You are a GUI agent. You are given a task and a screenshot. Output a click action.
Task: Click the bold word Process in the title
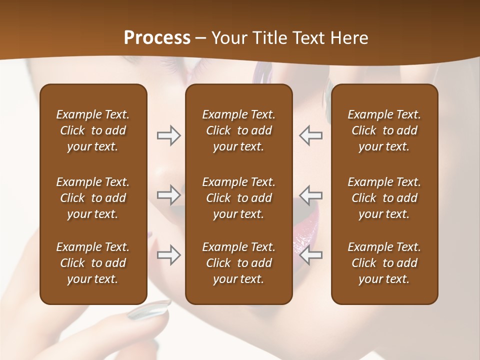tap(157, 38)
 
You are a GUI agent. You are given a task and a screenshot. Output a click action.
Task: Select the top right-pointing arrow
tap(168, 135)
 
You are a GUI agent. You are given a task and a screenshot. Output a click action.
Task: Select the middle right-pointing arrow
tap(168, 194)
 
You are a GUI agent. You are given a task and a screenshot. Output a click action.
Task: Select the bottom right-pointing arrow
tap(168, 255)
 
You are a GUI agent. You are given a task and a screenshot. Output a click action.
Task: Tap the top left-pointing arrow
tap(311, 135)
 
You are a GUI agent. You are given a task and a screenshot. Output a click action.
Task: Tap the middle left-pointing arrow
tap(311, 194)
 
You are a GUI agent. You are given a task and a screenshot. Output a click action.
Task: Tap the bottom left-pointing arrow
tap(311, 255)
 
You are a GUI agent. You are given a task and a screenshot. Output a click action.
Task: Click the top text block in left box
tap(93, 130)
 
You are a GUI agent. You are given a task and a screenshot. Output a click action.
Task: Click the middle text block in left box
tap(93, 198)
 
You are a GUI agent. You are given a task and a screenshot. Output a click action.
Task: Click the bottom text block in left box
tap(93, 263)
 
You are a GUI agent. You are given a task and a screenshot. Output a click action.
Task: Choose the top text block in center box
tap(238, 130)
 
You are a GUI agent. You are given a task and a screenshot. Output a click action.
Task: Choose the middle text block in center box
tap(238, 198)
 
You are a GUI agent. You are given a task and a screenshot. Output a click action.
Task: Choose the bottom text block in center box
tap(238, 263)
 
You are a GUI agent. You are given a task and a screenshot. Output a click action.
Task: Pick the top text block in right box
tap(384, 130)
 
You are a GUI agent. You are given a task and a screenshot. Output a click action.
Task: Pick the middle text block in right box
tap(384, 198)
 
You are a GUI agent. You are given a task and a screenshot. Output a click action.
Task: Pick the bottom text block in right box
tap(384, 263)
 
